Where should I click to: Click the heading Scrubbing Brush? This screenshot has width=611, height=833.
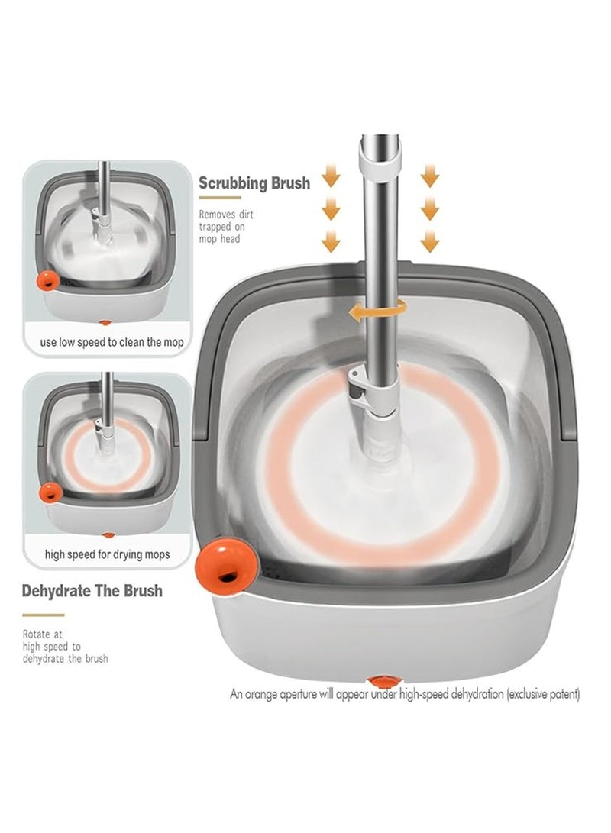click(254, 182)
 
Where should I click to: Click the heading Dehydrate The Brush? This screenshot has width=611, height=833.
click(92, 591)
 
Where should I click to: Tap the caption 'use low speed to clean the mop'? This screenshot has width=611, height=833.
click(112, 343)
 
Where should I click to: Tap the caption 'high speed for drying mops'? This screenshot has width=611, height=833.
click(108, 554)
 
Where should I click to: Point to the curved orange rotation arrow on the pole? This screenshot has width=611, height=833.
click(378, 312)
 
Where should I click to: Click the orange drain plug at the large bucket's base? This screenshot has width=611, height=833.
click(384, 680)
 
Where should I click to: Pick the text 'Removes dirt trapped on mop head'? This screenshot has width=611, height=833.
click(226, 227)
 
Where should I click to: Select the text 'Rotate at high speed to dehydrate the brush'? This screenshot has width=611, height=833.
click(65, 647)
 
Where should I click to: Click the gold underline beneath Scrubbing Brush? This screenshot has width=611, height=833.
click(219, 199)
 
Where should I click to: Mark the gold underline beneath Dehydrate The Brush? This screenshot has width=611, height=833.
click(43, 615)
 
